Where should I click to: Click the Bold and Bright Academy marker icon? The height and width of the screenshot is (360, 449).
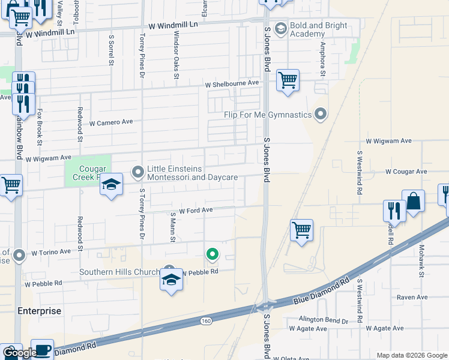(x=280, y=28)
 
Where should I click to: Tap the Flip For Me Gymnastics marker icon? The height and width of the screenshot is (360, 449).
(x=321, y=113)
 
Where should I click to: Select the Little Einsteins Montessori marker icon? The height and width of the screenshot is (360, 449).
(x=138, y=173)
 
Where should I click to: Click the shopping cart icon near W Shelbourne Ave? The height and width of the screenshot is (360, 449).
(x=288, y=80)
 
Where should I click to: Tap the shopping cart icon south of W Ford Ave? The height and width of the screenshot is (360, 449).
(x=301, y=230)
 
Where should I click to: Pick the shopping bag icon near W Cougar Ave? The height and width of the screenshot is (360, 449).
(x=414, y=202)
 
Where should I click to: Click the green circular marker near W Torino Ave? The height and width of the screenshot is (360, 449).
(x=212, y=255)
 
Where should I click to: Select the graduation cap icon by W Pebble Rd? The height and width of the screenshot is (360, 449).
(x=171, y=280)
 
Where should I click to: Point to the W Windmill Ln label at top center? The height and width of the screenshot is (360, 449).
(x=173, y=25)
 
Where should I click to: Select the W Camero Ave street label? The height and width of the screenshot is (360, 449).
(x=111, y=122)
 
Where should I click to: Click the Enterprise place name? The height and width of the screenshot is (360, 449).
(x=39, y=311)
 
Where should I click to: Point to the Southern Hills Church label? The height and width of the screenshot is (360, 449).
(x=120, y=272)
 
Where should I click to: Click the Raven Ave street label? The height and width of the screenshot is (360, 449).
(x=412, y=297)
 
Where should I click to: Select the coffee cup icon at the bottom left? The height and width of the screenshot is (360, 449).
(x=42, y=350)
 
